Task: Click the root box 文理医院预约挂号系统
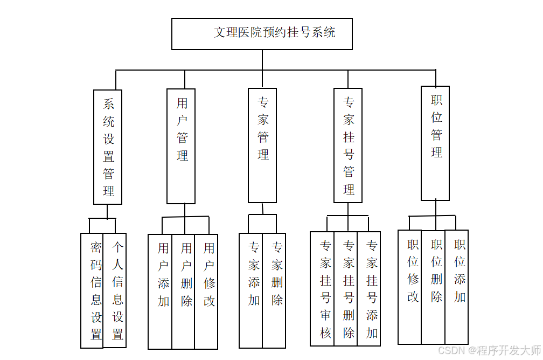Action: point(262,33)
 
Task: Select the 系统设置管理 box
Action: point(108,147)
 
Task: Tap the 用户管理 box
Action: point(181,146)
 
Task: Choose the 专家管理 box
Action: point(262,146)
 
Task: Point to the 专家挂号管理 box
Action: point(348,146)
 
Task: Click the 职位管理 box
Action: point(436,143)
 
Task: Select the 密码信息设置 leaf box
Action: point(92,290)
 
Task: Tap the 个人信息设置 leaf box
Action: point(115,290)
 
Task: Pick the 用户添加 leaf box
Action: point(161,292)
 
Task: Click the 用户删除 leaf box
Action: point(183,292)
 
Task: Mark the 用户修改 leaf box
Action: point(206,292)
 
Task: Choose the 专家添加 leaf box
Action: point(251,290)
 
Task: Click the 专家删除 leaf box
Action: point(274,290)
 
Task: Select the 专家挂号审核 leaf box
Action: point(322,289)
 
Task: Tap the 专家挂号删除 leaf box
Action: point(346,289)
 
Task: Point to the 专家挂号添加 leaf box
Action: point(369,289)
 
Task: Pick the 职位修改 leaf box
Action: point(410,287)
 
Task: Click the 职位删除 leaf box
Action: point(433,287)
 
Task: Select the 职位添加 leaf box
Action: point(457,287)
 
